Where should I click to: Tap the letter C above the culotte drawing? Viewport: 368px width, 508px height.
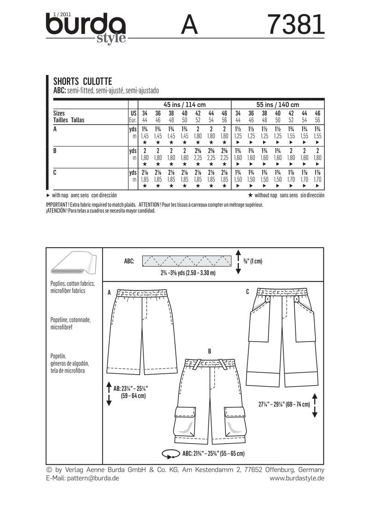tap(247, 291)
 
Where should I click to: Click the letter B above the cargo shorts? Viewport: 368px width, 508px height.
tap(209, 351)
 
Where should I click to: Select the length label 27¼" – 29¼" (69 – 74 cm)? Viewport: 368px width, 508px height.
tap(284, 405)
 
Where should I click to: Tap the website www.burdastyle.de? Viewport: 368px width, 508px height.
tap(297, 479)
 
